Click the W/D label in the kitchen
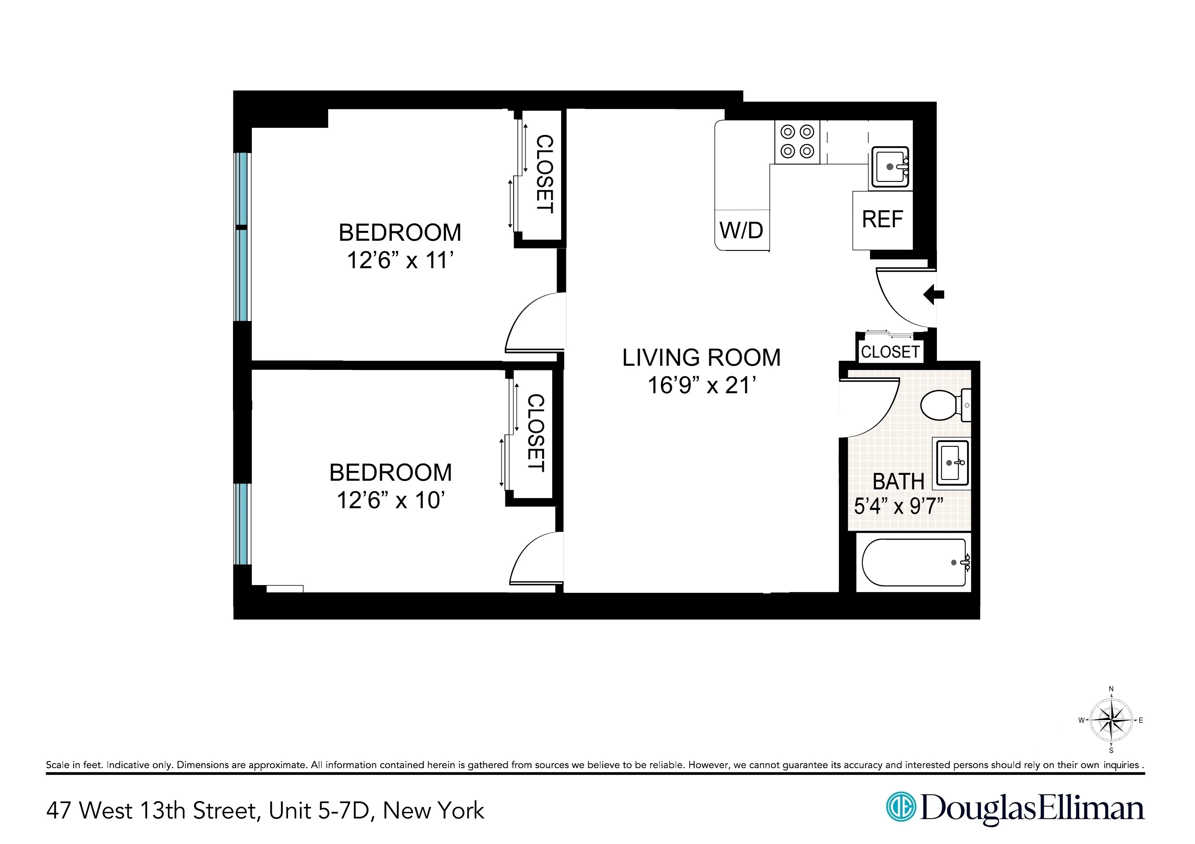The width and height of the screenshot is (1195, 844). tap(741, 230)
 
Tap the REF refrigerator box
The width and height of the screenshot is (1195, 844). tap(882, 220)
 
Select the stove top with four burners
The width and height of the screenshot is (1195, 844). tap(797, 142)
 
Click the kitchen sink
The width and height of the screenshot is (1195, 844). tap(890, 167)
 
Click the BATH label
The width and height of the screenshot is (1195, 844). tap(898, 482)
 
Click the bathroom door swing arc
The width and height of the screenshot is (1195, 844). tap(880, 416)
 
